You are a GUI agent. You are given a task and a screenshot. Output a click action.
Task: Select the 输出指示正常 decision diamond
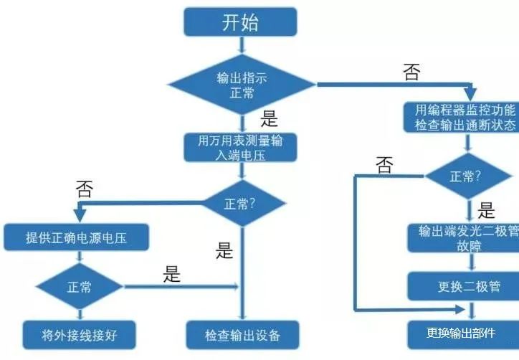(241, 84)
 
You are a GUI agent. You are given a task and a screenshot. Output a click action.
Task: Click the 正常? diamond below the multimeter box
(242, 203)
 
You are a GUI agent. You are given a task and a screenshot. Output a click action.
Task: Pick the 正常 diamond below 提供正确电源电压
(79, 288)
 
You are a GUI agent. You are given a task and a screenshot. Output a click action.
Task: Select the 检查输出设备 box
(242, 334)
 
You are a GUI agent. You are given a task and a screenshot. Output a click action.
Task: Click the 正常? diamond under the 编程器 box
(470, 176)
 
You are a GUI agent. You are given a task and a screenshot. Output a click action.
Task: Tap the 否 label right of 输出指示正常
(411, 72)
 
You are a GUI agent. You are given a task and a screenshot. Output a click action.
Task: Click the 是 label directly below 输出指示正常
(269, 118)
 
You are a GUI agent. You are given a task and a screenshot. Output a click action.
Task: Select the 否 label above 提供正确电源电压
(84, 189)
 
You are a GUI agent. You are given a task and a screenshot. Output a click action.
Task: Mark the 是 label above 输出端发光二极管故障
(487, 210)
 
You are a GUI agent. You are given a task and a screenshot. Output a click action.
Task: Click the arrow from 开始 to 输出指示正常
(241, 44)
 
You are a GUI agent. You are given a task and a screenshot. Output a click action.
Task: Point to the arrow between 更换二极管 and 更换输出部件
(470, 310)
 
